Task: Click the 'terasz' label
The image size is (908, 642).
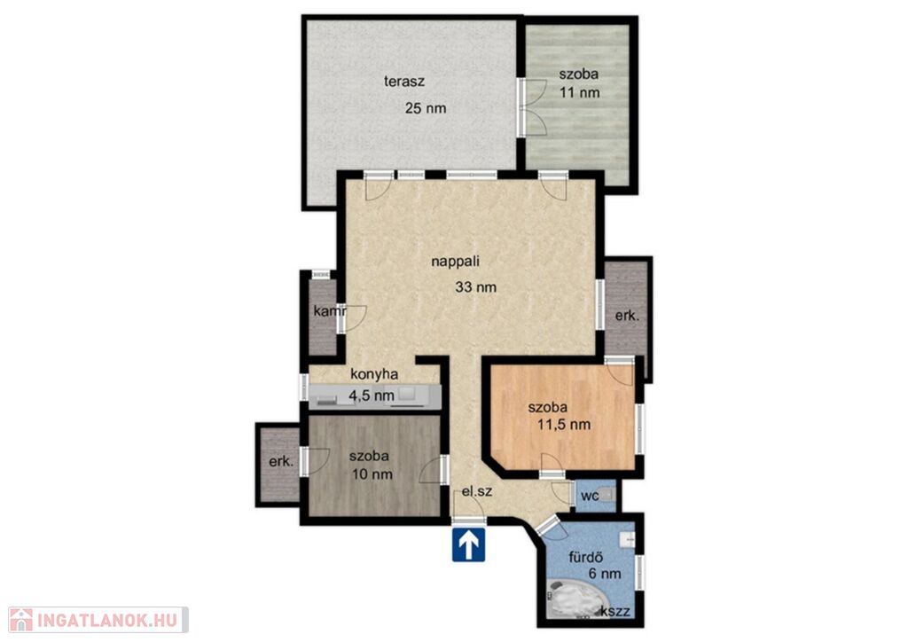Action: coord(404,81)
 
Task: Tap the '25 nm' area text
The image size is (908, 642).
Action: coord(426,108)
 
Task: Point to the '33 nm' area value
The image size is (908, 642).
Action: coord(475,287)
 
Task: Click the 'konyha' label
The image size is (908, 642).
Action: coord(374,374)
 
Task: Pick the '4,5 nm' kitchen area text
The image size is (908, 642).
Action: coord(372,396)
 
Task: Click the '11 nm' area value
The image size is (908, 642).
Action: coord(580,92)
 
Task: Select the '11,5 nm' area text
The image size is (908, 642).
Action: coord(564,425)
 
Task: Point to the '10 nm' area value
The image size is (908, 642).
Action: coord(372,474)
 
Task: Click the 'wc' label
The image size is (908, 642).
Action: coord(590,497)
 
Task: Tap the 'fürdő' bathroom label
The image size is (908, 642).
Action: coord(586,558)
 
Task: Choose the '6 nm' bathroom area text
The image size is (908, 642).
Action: coord(605,575)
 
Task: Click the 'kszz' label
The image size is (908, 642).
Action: coord(615,612)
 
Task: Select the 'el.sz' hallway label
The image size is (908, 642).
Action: coord(476,492)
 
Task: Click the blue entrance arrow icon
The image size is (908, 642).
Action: coord(468,544)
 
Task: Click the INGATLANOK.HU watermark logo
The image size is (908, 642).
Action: coord(98,620)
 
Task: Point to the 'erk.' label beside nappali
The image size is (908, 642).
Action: coord(627,317)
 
